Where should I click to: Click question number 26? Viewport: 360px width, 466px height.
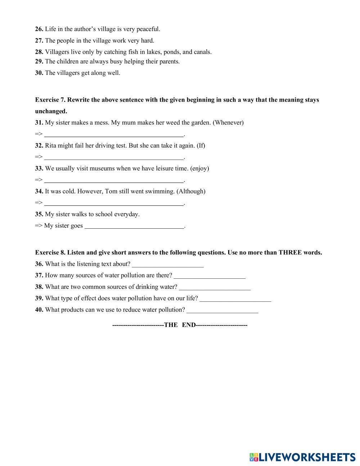(39, 29)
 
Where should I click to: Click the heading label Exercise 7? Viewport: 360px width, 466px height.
(50, 100)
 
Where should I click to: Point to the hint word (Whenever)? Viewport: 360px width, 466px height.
(228, 122)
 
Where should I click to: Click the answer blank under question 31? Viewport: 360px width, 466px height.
(114, 135)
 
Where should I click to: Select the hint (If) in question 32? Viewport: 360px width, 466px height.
(201, 145)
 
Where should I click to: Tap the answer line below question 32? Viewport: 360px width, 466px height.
(114, 158)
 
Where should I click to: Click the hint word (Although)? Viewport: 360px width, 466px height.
(191, 191)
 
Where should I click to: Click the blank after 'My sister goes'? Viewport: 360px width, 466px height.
(134, 226)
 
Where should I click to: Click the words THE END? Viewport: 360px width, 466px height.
(180, 325)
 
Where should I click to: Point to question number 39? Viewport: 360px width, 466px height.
(39, 298)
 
